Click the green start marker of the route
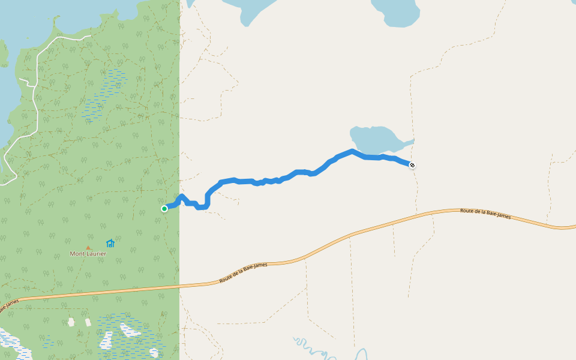tap(164, 209)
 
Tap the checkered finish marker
tap(412, 165)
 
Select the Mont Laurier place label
tap(88, 254)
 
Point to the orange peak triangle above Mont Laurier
tap(88, 247)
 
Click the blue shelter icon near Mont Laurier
tap(110, 243)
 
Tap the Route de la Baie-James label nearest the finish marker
tap(485, 214)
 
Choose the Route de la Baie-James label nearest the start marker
tap(244, 272)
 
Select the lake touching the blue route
tap(375, 140)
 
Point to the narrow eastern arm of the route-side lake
tap(408, 142)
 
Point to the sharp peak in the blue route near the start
tap(181, 196)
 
